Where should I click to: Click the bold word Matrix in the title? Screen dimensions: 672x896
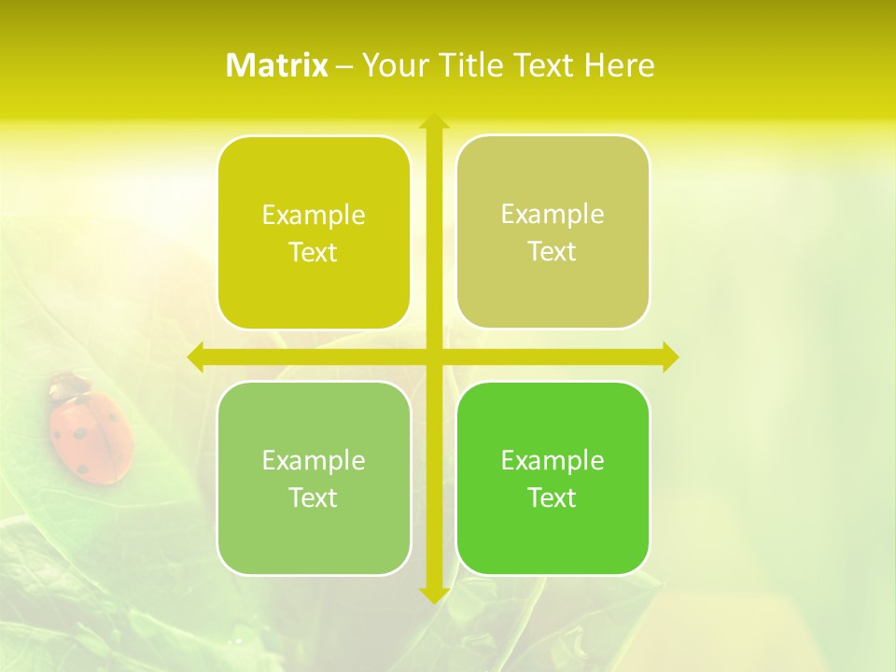[x=277, y=65]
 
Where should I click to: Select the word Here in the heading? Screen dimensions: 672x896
[x=620, y=65]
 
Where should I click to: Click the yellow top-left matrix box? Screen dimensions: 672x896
[x=314, y=232]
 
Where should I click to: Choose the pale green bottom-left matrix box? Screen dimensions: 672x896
[x=314, y=478]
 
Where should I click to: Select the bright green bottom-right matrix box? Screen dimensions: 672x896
[x=553, y=478]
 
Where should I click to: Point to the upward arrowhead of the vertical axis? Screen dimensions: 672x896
[x=433, y=120]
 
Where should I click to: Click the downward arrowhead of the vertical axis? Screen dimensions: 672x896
[x=433, y=595]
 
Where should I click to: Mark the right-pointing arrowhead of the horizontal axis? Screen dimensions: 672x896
[x=670, y=357]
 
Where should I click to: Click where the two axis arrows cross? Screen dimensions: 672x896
[x=433, y=357]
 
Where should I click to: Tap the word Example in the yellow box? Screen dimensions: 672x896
[x=314, y=216]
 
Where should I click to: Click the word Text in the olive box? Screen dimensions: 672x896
[x=553, y=251]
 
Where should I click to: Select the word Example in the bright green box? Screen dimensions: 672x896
[x=553, y=460]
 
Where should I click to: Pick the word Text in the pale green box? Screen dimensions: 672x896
[x=314, y=497]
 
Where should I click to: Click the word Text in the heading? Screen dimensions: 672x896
[x=545, y=65]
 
